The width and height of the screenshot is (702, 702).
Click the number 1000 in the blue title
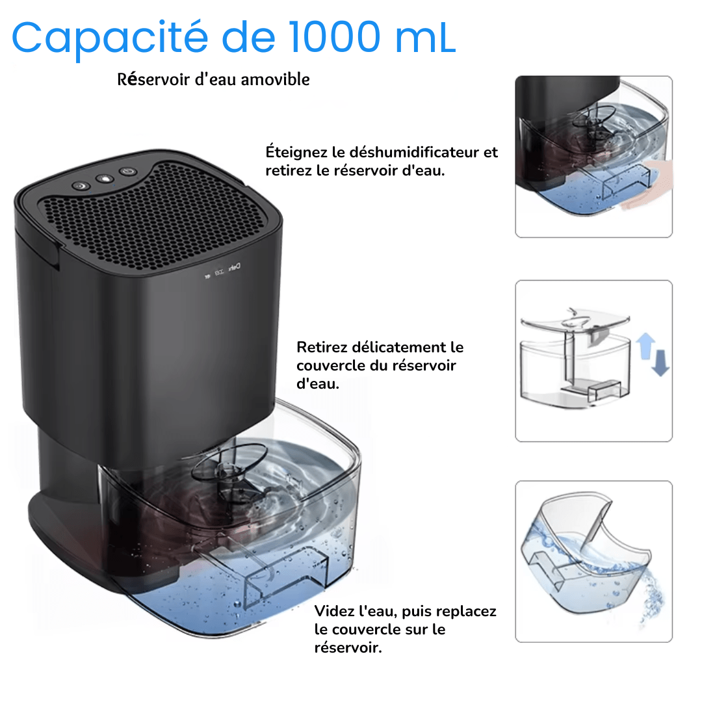point(335,37)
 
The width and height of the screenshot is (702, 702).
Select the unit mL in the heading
point(425,38)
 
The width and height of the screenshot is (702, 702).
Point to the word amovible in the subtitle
point(276,79)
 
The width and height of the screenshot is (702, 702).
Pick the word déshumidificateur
point(414,151)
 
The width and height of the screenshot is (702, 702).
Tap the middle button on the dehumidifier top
point(105,179)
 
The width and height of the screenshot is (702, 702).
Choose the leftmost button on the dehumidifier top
point(81,186)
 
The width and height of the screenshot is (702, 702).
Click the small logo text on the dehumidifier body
point(234,268)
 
